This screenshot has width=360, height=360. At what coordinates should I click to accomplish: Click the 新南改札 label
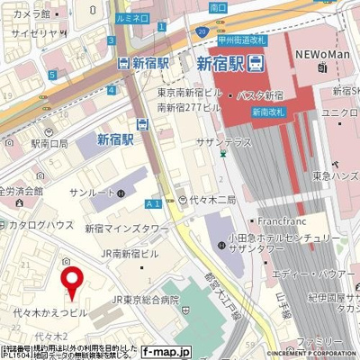[x=268, y=112]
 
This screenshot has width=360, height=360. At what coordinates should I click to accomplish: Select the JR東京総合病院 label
[x=145, y=299]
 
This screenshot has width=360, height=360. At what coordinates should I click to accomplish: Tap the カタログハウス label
[x=41, y=224]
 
